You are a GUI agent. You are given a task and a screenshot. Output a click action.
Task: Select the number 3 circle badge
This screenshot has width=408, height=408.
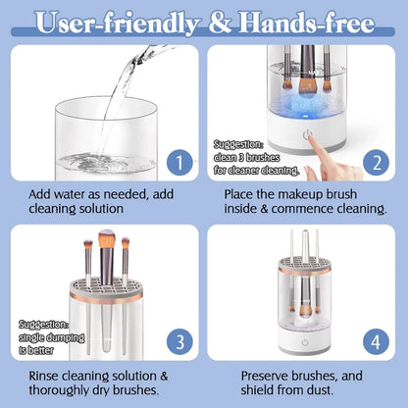[x=176, y=340]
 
